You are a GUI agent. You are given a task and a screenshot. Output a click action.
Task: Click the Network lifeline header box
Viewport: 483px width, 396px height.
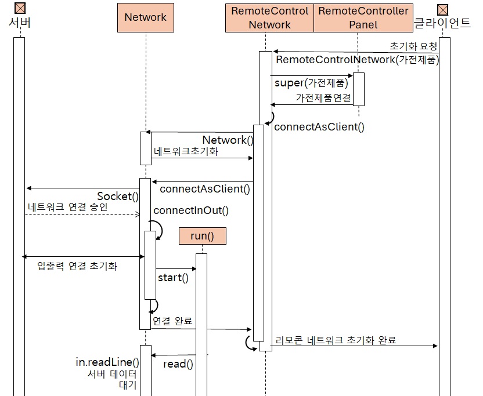(x=145, y=17)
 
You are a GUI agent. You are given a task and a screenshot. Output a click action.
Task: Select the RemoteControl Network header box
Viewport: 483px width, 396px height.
(x=269, y=17)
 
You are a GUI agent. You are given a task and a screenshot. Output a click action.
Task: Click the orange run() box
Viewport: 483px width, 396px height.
(x=202, y=236)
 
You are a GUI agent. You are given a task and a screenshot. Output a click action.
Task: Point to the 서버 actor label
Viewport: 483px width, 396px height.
(x=20, y=23)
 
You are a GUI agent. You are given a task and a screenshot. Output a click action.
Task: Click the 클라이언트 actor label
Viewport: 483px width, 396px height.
(x=442, y=23)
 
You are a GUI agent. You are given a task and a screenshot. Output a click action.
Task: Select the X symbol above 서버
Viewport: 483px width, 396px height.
(x=20, y=8)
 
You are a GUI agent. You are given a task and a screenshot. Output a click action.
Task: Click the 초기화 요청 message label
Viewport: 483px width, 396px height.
(x=413, y=46)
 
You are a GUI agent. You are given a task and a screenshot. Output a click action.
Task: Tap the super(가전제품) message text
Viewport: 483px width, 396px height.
(x=311, y=83)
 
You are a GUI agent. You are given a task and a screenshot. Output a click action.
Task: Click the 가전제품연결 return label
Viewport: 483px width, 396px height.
(x=323, y=98)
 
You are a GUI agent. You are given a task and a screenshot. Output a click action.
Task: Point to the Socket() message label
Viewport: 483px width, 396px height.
(x=118, y=196)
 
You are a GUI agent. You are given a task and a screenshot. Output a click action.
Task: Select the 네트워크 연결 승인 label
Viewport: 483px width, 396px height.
(x=67, y=207)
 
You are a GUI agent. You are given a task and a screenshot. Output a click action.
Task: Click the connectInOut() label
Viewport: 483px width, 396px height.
(x=191, y=210)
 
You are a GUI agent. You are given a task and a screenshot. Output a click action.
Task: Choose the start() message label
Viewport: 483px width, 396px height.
(x=173, y=277)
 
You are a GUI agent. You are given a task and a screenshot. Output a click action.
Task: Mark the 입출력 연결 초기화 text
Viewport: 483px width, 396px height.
(x=77, y=266)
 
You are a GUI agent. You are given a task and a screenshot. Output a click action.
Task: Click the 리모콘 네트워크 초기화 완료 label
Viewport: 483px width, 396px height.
(x=336, y=340)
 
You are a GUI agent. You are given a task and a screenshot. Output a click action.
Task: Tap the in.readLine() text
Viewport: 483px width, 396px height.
(x=107, y=362)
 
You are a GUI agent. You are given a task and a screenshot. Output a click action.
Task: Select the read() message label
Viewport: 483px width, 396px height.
(x=178, y=364)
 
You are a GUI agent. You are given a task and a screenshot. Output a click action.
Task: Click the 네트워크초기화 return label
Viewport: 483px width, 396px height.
(x=186, y=151)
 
